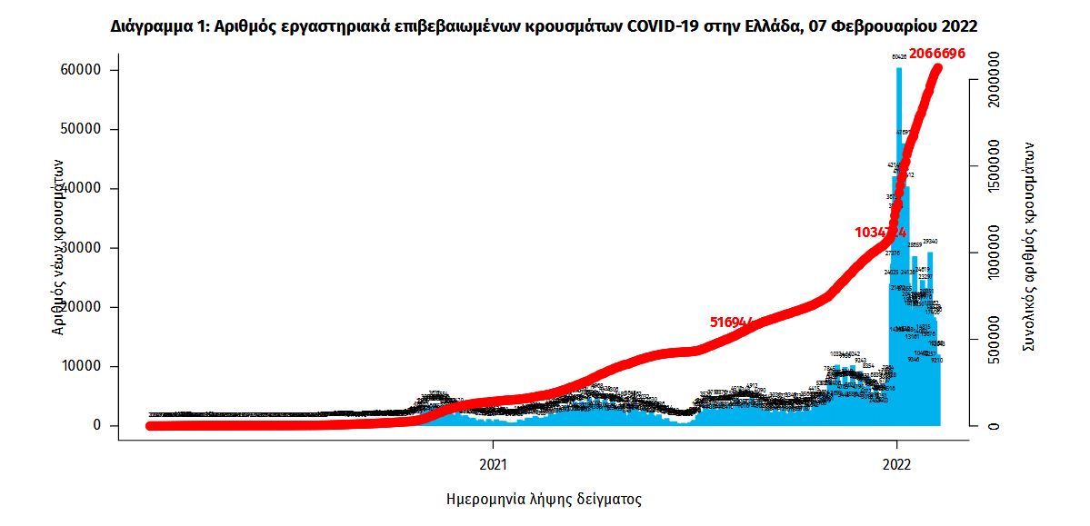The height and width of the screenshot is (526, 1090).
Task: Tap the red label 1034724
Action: point(880,233)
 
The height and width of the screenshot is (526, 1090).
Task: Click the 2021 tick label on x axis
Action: point(493,463)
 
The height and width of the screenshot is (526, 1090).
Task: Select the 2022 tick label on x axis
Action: point(897,463)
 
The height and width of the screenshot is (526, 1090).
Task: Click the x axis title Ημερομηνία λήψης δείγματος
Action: point(545,500)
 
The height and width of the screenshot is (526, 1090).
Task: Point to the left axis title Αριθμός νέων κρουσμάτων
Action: point(58,245)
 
